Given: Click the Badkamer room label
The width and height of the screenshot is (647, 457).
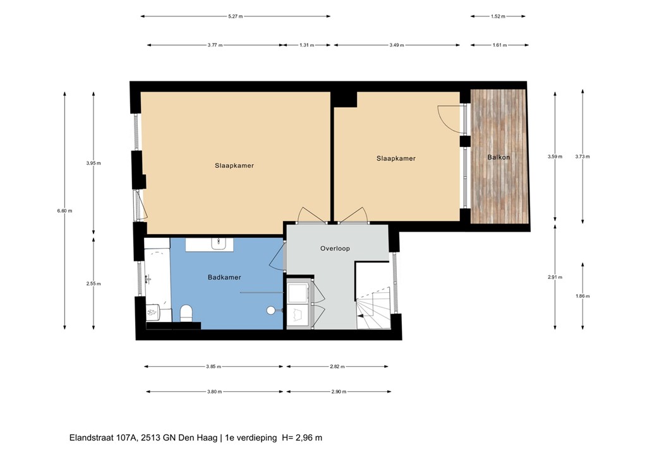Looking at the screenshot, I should pyautogui.click(x=224, y=277).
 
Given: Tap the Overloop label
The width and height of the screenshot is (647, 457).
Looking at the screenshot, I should pyautogui.click(x=335, y=248).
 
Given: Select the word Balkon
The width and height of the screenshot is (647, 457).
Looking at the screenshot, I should pyautogui.click(x=499, y=157).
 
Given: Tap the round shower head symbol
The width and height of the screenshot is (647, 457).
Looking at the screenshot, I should pyautogui.click(x=271, y=310).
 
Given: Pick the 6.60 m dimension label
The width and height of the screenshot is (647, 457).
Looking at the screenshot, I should pyautogui.click(x=64, y=211).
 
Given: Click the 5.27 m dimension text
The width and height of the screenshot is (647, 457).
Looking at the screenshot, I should pyautogui.click(x=236, y=16).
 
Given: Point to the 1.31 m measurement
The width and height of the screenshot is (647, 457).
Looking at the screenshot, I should pyautogui.click(x=306, y=45).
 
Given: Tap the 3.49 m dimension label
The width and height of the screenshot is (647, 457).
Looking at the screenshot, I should pyautogui.click(x=397, y=45).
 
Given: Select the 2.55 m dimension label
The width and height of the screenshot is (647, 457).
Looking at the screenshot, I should pyautogui.click(x=94, y=283).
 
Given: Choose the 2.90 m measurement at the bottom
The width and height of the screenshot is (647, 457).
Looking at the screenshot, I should pyautogui.click(x=339, y=392).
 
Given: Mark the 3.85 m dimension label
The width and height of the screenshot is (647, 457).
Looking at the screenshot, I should pyautogui.click(x=214, y=366).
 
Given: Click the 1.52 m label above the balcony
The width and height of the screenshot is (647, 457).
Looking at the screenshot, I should pyautogui.click(x=498, y=16).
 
